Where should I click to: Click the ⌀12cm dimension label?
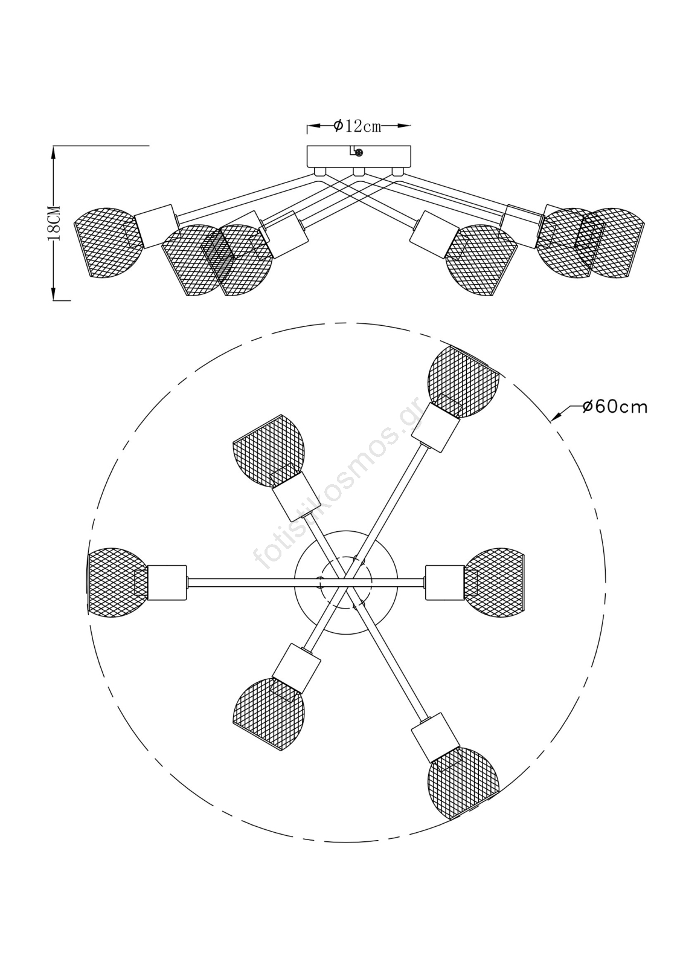tap(358, 126)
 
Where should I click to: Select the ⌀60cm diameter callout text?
tap(615, 407)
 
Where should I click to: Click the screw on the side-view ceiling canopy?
tap(359, 153)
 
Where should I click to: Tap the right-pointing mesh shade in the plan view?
tap(496, 583)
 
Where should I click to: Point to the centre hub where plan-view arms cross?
tap(346, 581)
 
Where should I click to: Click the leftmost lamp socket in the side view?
tap(156, 225)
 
